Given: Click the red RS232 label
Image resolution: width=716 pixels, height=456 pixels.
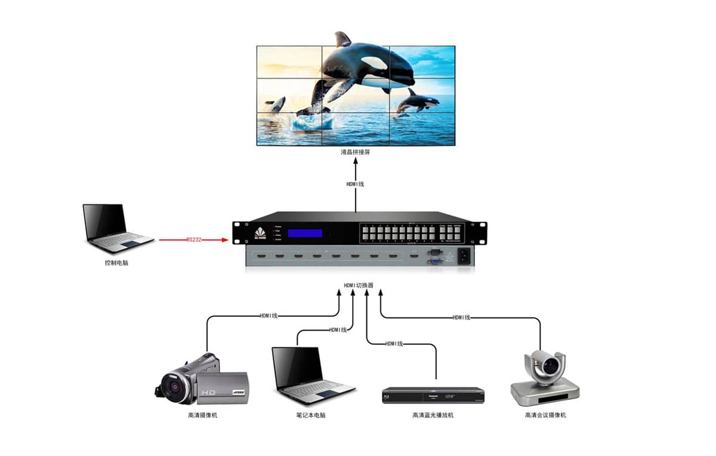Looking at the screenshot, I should click(193, 240).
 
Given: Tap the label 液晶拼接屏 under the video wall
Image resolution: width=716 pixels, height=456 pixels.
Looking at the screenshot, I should click(356, 153).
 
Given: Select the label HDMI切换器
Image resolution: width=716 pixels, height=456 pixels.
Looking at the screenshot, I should click(359, 285).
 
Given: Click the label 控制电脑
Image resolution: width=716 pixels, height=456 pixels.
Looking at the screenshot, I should click(116, 263).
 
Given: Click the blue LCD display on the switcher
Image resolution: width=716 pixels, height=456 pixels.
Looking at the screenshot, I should click(305, 233).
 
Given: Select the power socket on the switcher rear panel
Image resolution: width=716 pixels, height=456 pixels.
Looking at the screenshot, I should click(464, 257).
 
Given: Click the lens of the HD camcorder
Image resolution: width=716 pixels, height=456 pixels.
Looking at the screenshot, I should click(173, 384).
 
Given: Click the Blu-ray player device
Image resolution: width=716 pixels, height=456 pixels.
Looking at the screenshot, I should click(433, 396).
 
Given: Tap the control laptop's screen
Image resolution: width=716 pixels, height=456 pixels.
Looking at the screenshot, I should click(105, 221).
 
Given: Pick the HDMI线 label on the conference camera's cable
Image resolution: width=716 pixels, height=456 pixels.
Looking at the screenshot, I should click(461, 317).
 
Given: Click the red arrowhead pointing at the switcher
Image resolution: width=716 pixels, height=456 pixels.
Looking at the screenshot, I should click(226, 240).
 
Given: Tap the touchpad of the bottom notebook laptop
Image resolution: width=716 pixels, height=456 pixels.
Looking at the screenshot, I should click(327, 394).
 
